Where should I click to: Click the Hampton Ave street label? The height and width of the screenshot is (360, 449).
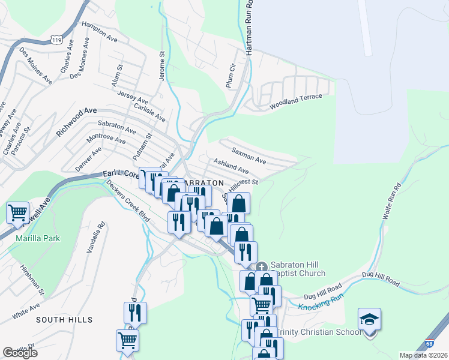(x=100, y=32)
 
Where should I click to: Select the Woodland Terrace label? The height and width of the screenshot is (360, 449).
(x=296, y=101)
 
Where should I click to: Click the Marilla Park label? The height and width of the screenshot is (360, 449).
(x=38, y=238)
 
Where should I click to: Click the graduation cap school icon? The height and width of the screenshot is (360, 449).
(x=369, y=318)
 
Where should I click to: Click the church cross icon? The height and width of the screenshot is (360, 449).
(x=261, y=266)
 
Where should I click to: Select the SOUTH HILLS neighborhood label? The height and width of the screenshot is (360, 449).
(x=64, y=320)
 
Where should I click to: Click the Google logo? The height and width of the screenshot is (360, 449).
(x=20, y=353)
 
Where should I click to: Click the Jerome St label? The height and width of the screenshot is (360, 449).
(x=161, y=66)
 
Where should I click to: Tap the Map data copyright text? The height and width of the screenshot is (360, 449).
(x=423, y=355)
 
